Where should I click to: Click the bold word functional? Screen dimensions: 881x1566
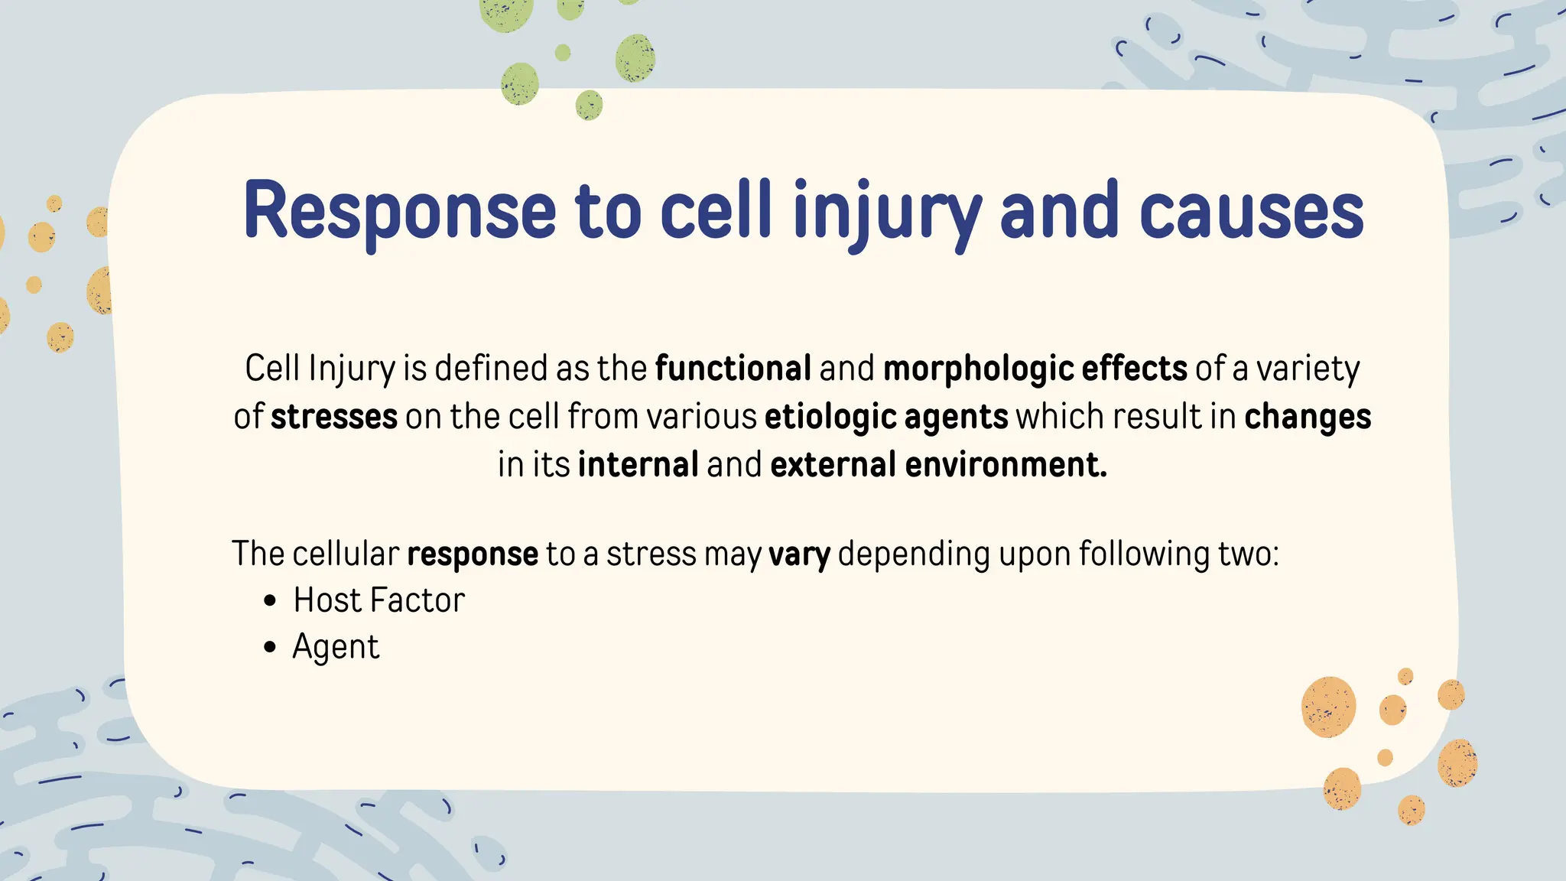click(x=733, y=369)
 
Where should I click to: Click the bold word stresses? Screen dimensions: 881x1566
click(x=334, y=417)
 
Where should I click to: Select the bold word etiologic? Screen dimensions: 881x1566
click(x=830, y=417)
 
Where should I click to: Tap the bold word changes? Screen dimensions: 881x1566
click(x=1308, y=417)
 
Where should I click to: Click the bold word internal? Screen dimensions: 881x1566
click(x=638, y=465)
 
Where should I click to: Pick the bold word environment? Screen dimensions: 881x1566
click(x=1006, y=465)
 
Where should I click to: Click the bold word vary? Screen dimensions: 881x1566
click(x=799, y=554)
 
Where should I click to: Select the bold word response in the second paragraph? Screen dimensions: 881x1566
click(x=473, y=554)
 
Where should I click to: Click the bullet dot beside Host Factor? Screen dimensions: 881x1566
click(x=269, y=601)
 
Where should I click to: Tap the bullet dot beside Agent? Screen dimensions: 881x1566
click(x=269, y=648)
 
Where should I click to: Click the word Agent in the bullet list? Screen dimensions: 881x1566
click(x=336, y=648)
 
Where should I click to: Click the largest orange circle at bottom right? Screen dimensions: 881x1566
click(x=1328, y=707)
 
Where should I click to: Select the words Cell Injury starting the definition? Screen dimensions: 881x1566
click(x=320, y=369)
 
